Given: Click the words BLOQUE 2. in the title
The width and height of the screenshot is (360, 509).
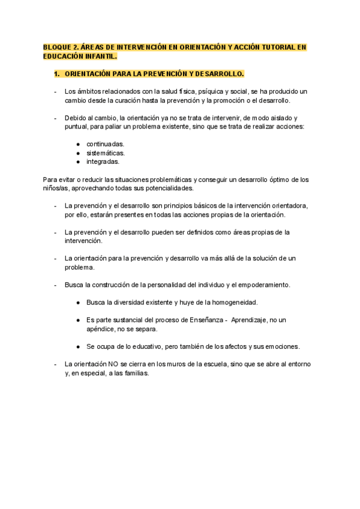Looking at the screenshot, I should [x=60, y=47].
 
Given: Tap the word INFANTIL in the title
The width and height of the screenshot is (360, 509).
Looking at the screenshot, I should [x=100, y=56].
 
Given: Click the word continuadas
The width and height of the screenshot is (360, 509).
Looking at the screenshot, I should [x=106, y=144].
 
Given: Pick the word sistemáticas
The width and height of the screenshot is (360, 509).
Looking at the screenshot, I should [x=106, y=153].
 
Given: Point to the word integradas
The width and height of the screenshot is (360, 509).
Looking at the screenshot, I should [x=103, y=161].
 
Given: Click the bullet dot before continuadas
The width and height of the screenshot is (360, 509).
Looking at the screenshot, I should [x=79, y=145].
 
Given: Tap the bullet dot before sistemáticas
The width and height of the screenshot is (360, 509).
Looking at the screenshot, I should [x=79, y=153].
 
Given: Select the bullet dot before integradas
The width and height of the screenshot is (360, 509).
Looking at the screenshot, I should [x=79, y=162].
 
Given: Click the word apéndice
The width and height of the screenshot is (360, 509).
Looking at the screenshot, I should [x=101, y=329].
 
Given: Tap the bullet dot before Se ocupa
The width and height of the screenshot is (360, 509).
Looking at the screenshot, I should [x=79, y=347].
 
